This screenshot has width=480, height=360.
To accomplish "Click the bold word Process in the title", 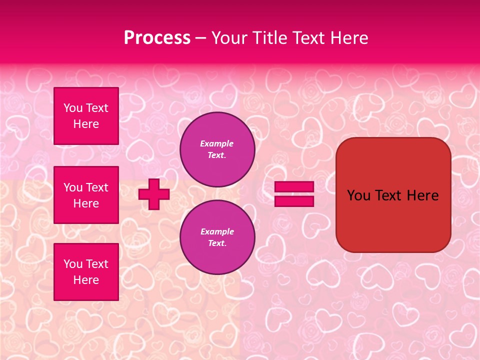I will tap(157, 37).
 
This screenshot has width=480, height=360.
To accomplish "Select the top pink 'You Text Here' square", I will tap(86, 116).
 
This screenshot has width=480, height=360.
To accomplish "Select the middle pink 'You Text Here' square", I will tap(86, 195).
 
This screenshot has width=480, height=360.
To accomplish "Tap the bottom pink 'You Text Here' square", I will tap(86, 271).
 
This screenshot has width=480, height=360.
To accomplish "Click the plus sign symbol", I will tap(154, 194).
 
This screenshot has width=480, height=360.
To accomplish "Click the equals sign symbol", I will tap(294, 194).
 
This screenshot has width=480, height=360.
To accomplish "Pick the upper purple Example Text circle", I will tap(217, 149).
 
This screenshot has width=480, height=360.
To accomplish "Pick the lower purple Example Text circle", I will tap(217, 237).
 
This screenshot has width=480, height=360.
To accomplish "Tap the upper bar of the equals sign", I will tap(294, 187).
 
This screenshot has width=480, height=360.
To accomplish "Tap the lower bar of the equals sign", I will tap(294, 201).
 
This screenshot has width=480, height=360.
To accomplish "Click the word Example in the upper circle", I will tap(217, 143).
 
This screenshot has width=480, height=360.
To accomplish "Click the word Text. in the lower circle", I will tap(217, 243).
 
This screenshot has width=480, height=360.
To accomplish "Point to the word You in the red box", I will tap(358, 195).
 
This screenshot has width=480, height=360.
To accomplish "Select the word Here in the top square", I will tap(86, 124).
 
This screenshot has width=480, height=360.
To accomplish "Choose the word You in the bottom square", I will tap(73, 264).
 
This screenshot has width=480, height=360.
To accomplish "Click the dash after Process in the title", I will tap(200, 38).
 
